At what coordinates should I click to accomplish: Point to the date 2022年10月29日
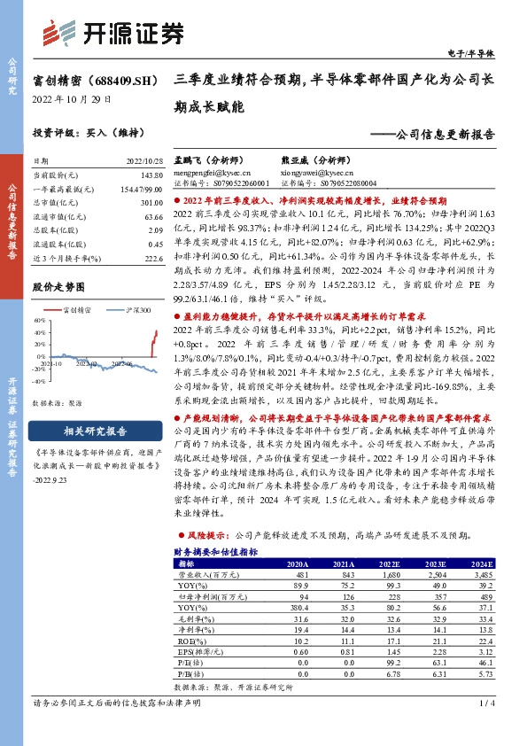65,100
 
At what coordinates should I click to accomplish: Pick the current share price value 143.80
153,176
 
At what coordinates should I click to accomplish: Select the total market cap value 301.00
153,202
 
